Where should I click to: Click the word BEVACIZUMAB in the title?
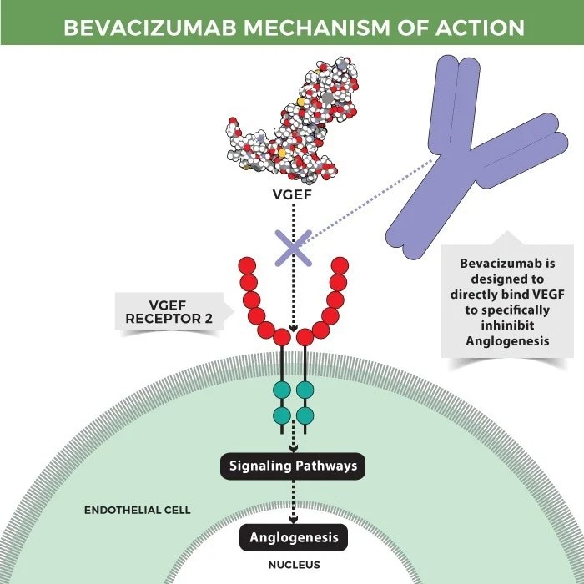(x=154, y=28)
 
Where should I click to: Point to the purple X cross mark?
(x=293, y=247)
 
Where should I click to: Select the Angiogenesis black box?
(x=293, y=537)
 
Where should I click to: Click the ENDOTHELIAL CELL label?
(x=138, y=509)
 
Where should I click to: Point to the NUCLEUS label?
(x=293, y=565)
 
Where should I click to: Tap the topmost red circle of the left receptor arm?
(x=247, y=266)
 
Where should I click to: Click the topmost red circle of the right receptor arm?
(x=339, y=266)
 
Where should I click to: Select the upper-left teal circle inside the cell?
(x=281, y=390)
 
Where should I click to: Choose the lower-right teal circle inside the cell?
(x=305, y=415)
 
